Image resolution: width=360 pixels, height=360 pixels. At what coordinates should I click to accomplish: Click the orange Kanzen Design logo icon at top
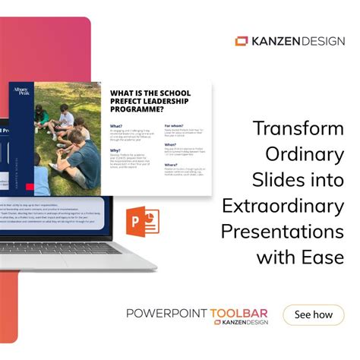point(242,41)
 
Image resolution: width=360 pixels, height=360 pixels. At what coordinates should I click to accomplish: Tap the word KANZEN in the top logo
point(276,41)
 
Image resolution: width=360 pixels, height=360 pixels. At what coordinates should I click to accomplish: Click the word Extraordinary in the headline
point(283,205)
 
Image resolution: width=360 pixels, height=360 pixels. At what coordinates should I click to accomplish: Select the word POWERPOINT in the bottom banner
point(172,312)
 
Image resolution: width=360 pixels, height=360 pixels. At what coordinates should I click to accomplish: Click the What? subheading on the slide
point(117,125)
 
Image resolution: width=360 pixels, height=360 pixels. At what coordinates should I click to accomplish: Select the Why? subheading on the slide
point(116,150)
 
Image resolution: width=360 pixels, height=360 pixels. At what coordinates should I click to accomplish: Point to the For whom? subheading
point(175,125)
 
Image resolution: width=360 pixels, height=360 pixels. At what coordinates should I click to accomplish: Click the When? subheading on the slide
point(171,144)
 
